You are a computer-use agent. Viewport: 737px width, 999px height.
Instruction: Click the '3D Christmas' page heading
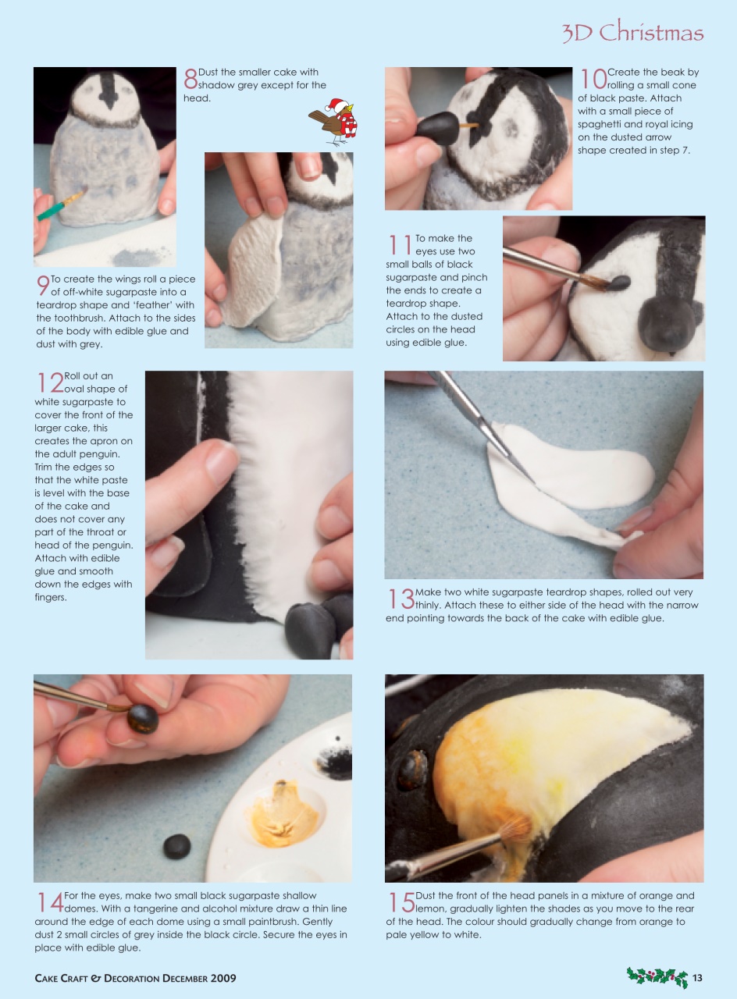point(632,33)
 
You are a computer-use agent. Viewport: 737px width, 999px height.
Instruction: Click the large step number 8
point(190,79)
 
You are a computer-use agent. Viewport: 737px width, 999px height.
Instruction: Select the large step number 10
point(591,79)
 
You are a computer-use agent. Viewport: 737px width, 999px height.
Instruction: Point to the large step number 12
point(48,382)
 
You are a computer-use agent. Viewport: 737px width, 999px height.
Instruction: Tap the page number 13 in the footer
point(697,978)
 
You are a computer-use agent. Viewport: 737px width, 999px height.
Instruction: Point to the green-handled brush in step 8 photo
point(59,205)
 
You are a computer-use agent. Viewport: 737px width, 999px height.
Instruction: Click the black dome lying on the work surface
point(176,846)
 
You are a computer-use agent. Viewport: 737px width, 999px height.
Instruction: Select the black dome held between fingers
point(143,719)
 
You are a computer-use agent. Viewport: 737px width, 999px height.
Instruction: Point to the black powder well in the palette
point(336,763)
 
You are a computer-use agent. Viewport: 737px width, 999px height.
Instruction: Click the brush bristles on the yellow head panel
point(514,828)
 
